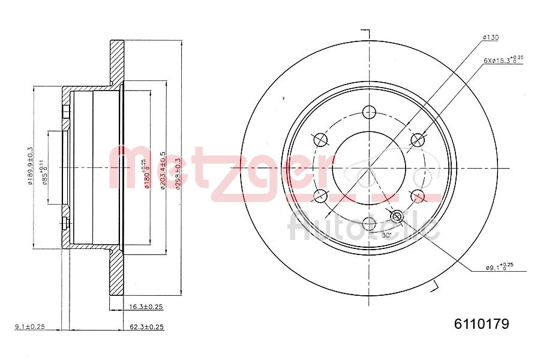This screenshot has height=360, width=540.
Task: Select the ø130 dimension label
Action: click(490, 38)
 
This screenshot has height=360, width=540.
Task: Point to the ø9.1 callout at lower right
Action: click(499, 267)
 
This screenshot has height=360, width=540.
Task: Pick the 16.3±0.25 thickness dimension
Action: click(146, 307)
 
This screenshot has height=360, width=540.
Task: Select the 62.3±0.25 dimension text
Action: click(146, 327)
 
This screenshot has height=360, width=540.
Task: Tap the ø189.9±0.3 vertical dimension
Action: click(29, 166)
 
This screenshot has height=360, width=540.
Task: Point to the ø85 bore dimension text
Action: click(44, 173)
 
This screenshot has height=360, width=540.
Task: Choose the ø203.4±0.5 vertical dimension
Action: click(163, 171)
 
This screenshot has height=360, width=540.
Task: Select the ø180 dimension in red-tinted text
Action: click(145, 174)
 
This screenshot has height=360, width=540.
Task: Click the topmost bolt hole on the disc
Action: click(369, 112)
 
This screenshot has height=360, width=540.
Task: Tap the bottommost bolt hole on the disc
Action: click(369, 224)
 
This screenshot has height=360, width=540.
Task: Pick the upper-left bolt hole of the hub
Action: click(321, 140)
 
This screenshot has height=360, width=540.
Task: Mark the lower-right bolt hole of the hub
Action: click(417, 196)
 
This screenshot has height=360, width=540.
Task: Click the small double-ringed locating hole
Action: click(397, 216)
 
